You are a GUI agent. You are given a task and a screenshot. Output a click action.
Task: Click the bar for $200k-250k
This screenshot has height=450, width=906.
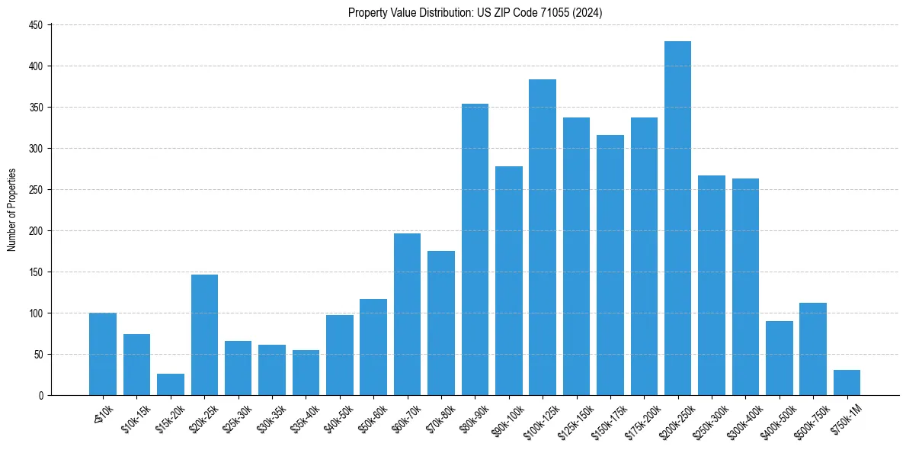[x=677, y=218]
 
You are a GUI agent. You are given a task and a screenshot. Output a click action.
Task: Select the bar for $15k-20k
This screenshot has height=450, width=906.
[x=171, y=384]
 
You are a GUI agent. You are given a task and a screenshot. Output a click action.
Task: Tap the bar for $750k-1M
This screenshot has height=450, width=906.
[x=847, y=383]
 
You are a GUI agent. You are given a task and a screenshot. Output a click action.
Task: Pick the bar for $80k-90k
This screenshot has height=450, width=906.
[x=475, y=249]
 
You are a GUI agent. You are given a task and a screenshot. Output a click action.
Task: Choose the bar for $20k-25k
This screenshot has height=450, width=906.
[x=204, y=335]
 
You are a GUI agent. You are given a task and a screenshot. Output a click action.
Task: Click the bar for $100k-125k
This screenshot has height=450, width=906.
[x=543, y=237]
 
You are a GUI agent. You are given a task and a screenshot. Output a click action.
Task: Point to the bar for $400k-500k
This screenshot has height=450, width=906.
[x=779, y=358]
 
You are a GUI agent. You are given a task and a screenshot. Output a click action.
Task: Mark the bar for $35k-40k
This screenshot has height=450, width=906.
[x=306, y=373]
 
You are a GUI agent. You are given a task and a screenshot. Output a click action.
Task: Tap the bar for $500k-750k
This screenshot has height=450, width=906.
[x=813, y=349]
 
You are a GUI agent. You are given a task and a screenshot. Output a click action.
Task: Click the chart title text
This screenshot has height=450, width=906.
[x=475, y=13]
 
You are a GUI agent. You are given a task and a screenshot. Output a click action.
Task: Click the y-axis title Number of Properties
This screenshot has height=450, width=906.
[x=12, y=210]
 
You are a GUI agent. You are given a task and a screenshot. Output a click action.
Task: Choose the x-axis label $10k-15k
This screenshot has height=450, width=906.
[x=135, y=416]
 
